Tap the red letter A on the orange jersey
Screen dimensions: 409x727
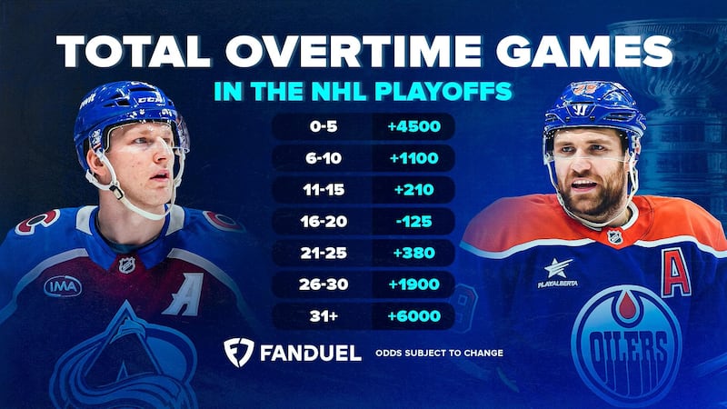(x=674, y=272)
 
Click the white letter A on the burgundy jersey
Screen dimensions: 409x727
(x=184, y=294)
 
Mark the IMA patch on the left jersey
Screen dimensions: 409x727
(x=63, y=286)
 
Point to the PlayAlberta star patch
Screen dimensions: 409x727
(x=557, y=270)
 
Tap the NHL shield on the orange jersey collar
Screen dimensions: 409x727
(x=615, y=236)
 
